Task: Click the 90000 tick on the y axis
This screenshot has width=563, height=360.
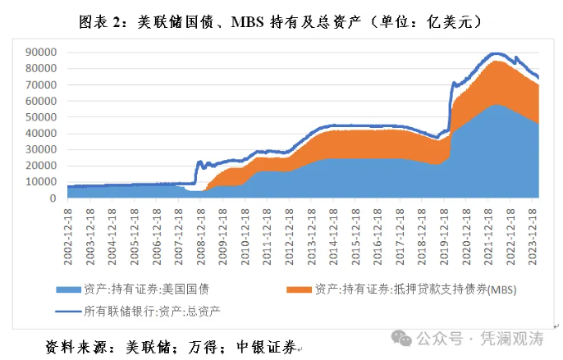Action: point(40,52)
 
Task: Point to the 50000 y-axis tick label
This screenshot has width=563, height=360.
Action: point(40,117)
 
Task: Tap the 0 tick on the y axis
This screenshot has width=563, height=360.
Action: point(52,198)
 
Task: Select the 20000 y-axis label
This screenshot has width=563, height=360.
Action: point(40,166)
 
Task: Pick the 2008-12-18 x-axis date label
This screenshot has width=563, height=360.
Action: point(199,235)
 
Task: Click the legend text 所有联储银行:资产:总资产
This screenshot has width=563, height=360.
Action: point(152,311)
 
